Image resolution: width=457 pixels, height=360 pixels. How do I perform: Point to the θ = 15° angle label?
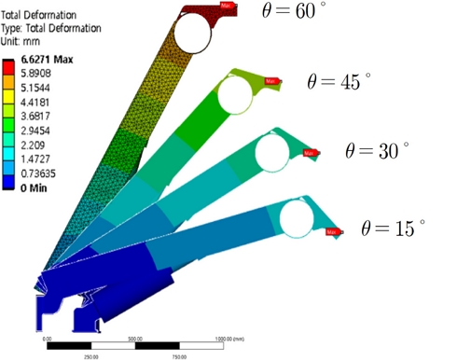[393, 227]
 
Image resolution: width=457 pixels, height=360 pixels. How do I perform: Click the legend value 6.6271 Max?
[41, 58]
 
